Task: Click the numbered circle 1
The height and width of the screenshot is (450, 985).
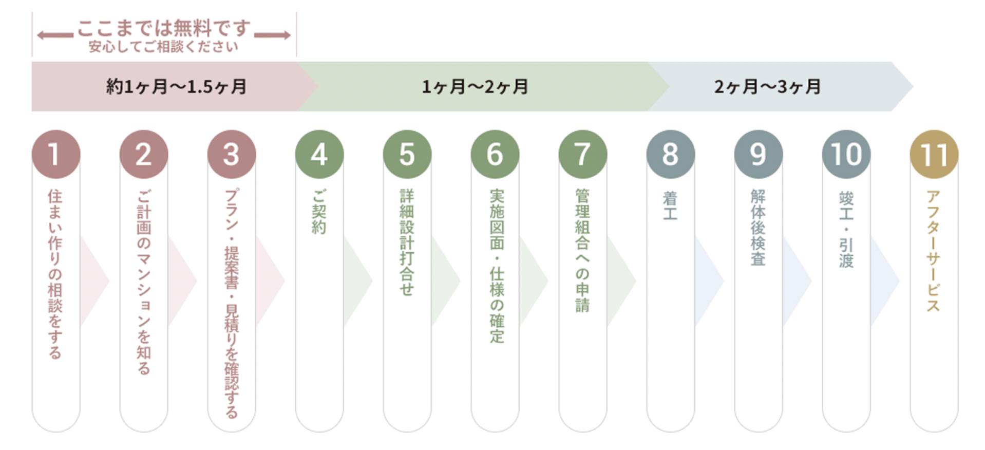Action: (x=56, y=154)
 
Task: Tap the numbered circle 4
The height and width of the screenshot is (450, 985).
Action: (x=319, y=154)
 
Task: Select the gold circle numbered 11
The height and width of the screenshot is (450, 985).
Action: (x=934, y=154)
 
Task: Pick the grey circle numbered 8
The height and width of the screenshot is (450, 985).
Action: (x=670, y=154)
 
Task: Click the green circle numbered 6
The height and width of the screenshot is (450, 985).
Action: (x=495, y=154)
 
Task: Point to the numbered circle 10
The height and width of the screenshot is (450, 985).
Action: (x=846, y=154)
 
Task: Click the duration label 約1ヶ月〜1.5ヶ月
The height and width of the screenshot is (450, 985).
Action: (x=176, y=87)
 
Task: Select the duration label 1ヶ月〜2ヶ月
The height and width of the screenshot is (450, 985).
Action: (x=475, y=87)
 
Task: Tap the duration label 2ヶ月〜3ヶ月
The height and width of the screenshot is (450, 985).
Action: (x=767, y=87)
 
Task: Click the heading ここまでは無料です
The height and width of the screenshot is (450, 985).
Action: (x=164, y=28)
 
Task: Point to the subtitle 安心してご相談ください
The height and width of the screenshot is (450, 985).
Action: (x=163, y=47)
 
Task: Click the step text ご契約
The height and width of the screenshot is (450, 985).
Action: (x=319, y=212)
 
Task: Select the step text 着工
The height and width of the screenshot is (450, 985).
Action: (x=670, y=205)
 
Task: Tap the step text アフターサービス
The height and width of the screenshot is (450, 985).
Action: (x=933, y=251)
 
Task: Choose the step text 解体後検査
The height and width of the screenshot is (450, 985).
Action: (x=758, y=227)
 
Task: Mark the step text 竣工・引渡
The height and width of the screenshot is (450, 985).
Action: (x=846, y=229)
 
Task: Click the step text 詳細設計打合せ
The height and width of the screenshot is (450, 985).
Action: (x=407, y=242)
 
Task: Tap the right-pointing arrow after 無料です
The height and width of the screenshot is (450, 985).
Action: (x=273, y=35)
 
